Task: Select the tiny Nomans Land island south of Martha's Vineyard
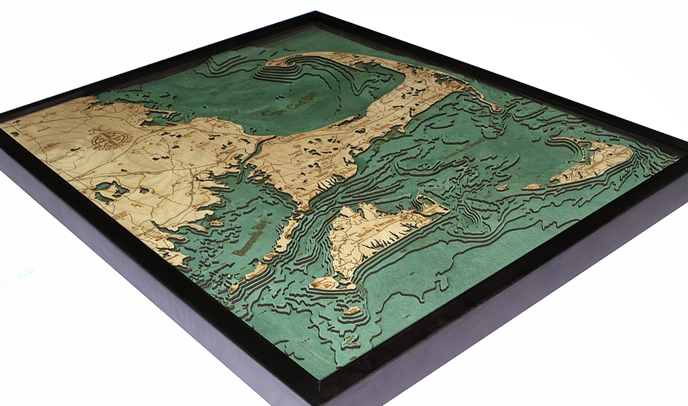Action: point(352,311)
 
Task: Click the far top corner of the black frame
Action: point(313,13)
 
